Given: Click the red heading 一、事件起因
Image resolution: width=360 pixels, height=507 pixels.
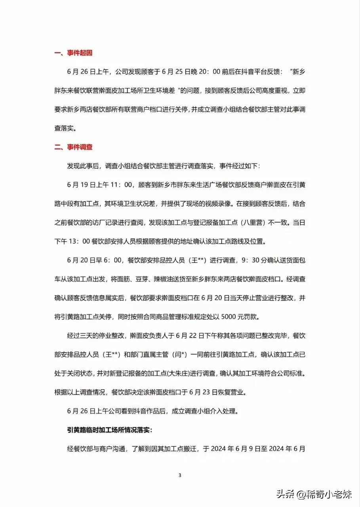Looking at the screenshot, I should (x=73, y=53).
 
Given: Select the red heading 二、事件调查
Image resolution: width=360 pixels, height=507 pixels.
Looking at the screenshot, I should (x=73, y=147).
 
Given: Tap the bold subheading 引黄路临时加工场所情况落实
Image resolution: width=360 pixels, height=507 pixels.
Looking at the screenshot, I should (x=112, y=430).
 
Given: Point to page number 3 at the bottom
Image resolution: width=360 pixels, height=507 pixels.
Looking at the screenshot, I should (x=180, y=475).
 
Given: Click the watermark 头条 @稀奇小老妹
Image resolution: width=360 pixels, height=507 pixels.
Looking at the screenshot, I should (x=314, y=494).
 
